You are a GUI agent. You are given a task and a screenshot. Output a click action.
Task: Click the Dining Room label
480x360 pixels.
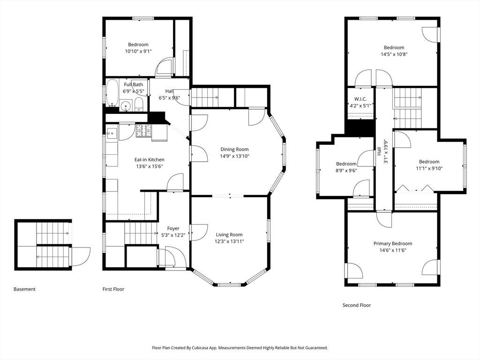(234, 150)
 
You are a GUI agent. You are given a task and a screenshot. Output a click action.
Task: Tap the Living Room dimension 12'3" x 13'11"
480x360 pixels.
(229, 241)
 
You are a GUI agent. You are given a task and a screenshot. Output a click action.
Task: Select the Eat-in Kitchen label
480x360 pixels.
(150, 160)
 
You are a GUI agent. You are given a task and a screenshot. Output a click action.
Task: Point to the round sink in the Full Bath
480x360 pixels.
(125, 106)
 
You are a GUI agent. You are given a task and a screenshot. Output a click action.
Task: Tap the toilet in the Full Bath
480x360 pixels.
(139, 105)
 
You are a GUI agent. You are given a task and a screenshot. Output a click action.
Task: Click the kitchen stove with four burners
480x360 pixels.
(144, 131)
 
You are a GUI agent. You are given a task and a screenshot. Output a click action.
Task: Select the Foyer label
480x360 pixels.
(173, 228)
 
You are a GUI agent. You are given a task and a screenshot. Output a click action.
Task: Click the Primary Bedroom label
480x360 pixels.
(393, 244)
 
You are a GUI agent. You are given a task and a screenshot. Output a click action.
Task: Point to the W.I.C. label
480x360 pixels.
(360, 99)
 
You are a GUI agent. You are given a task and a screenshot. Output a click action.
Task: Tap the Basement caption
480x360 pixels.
(24, 289)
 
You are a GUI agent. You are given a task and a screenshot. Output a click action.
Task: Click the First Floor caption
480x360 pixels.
(113, 289)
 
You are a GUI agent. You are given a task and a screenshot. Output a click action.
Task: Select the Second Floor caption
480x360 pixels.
(357, 305)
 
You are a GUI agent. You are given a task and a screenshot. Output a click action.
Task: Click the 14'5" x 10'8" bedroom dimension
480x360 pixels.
(394, 54)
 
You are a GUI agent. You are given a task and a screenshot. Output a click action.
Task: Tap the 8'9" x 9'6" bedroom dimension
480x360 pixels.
(346, 171)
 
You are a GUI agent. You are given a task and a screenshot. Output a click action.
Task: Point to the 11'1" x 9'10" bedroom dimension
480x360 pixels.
(429, 168)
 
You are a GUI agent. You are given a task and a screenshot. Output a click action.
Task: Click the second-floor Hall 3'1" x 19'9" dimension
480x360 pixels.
(386, 151)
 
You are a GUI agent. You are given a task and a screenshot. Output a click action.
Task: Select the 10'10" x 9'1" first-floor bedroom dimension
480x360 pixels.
(138, 52)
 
